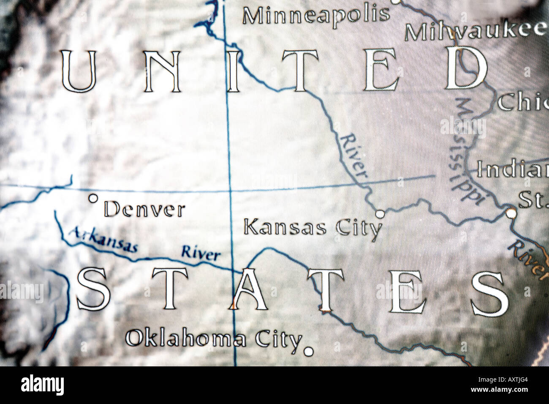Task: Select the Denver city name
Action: [144, 210]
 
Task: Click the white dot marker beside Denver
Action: [93, 197]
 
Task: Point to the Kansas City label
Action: [313, 228]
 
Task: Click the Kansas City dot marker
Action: [380, 214]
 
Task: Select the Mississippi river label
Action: [465, 148]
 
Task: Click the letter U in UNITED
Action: [79, 71]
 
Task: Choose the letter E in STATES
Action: [406, 292]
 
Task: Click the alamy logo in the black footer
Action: [42, 385]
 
